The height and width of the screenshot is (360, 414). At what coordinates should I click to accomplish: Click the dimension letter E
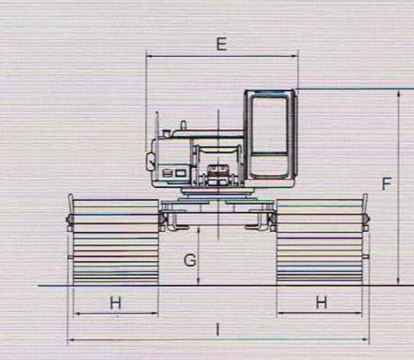(221, 44)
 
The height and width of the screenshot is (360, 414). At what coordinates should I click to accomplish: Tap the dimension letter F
(387, 184)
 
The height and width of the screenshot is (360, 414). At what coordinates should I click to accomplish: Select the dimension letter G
(190, 260)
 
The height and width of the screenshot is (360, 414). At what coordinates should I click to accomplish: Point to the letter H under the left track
(116, 303)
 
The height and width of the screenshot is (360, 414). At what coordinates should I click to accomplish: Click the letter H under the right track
(321, 302)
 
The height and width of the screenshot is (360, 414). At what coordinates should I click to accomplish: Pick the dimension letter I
(217, 330)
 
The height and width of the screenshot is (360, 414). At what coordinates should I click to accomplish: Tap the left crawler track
(116, 242)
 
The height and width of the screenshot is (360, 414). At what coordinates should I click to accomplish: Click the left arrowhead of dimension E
(149, 56)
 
